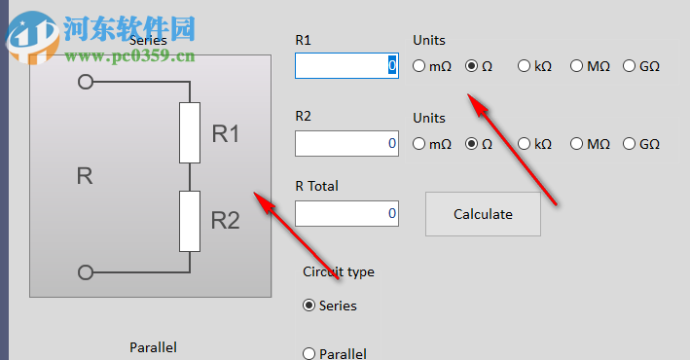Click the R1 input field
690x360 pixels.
[345, 65]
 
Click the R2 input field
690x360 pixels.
[345, 143]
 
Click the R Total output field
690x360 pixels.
[345, 213]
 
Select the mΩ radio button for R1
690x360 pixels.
[419, 66]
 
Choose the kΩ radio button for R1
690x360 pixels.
[525, 66]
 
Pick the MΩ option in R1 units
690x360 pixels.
[577, 66]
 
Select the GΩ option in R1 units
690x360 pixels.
[630, 66]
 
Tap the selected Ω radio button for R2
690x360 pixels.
[472, 144]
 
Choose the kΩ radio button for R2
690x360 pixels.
[525, 144]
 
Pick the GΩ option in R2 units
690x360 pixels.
[630, 144]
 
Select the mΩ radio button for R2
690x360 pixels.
[419, 144]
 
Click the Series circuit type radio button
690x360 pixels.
[309, 306]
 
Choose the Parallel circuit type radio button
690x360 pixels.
[309, 354]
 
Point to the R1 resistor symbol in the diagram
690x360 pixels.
[190, 132]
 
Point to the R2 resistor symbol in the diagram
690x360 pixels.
[190, 221]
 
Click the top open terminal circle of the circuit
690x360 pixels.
[86, 83]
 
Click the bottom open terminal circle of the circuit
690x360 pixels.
[86, 272]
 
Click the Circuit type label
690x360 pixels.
[338, 271]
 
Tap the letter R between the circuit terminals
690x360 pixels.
[85, 177]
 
